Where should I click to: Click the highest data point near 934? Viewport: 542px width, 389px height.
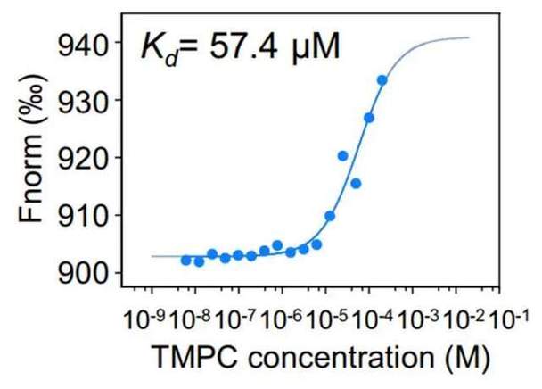(382, 80)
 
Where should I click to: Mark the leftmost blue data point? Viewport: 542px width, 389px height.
(185, 260)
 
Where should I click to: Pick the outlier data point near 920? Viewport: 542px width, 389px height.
(343, 156)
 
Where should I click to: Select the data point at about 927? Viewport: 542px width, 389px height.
(369, 118)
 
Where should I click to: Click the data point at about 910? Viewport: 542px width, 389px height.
(330, 216)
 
